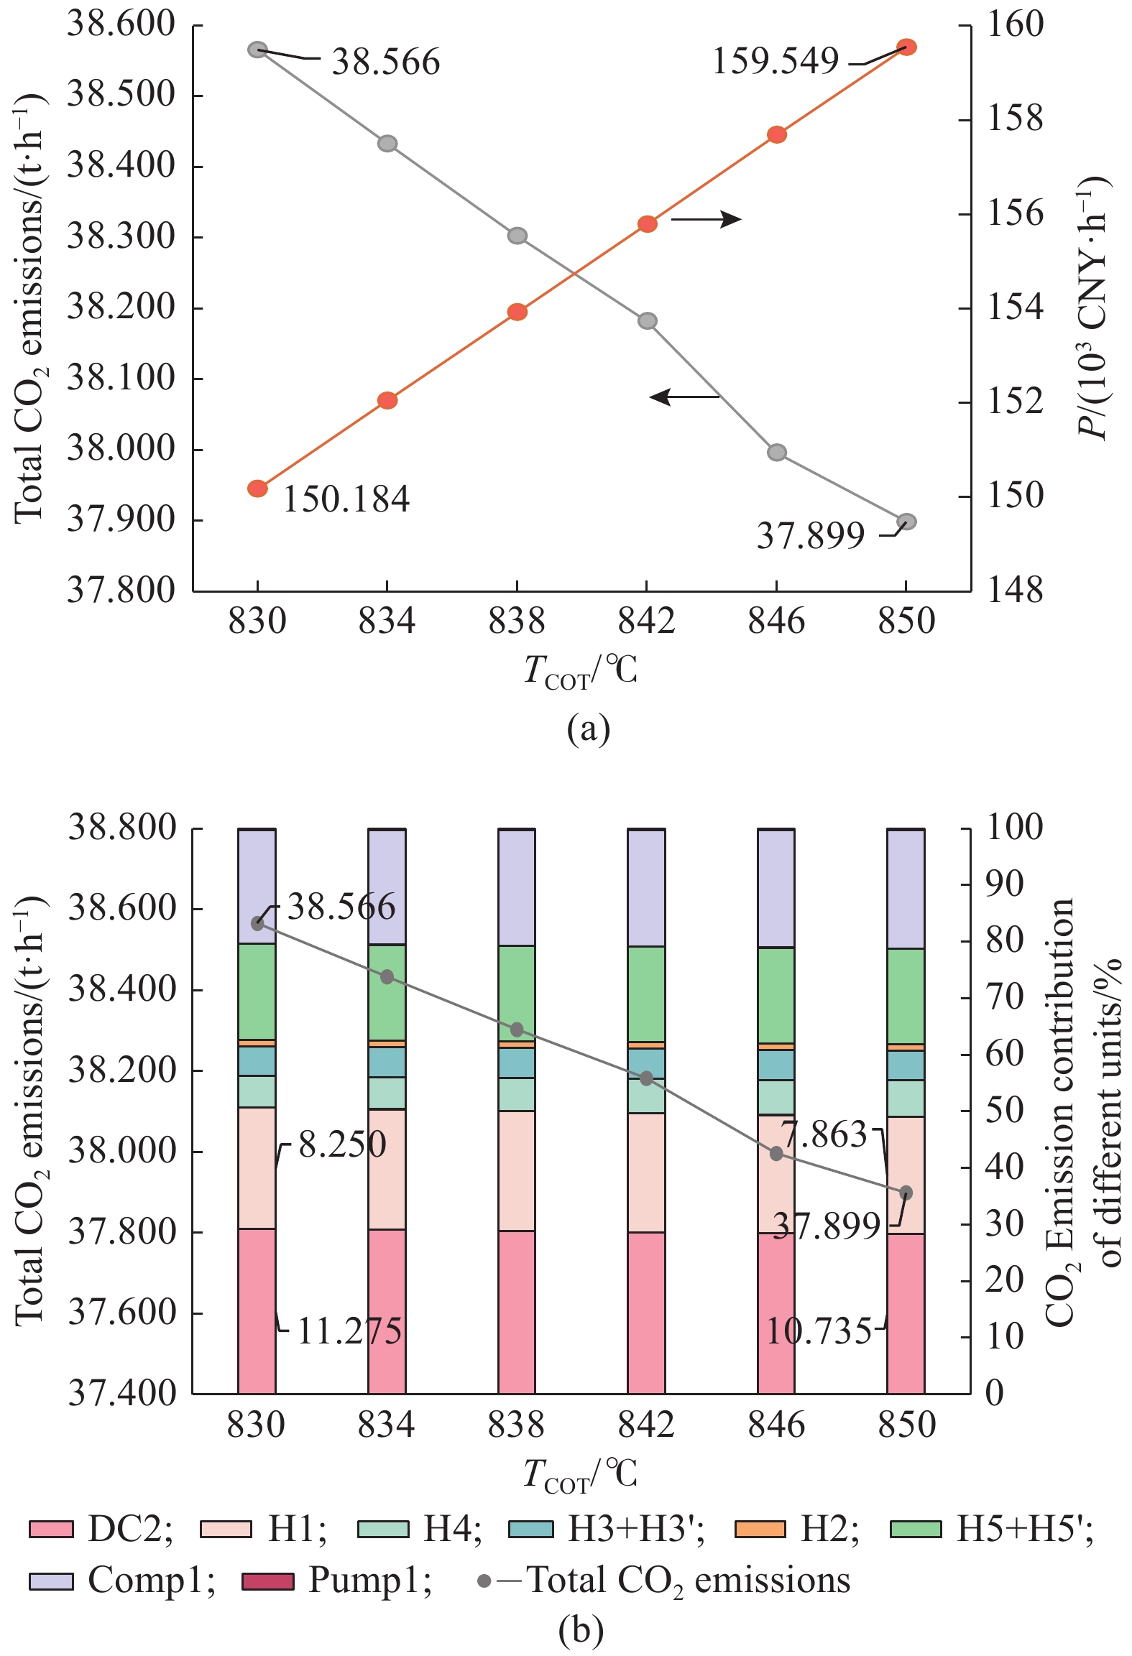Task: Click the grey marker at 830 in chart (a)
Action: (257, 50)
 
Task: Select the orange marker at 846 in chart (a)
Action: (776, 135)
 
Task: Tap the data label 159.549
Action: (775, 61)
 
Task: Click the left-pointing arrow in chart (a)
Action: (684, 397)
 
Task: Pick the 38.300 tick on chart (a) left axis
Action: (121, 236)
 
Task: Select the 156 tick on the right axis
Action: (1014, 214)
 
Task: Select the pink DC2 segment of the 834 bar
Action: (387, 1311)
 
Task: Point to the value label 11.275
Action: (349, 1331)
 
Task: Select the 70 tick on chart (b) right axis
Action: (1004, 998)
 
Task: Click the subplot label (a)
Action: (588, 730)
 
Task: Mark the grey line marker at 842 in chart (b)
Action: (646, 1078)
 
